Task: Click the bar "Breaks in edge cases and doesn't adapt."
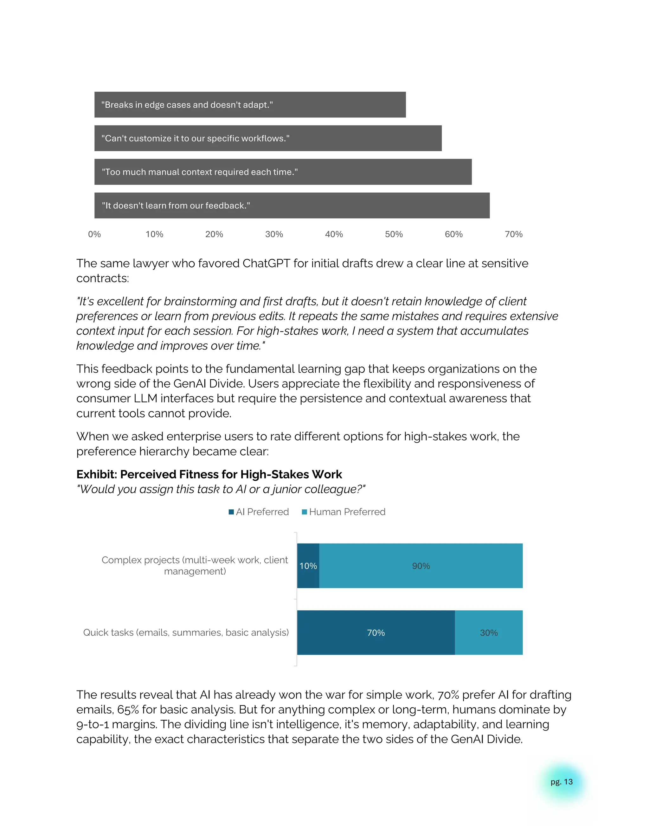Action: pyautogui.click(x=250, y=104)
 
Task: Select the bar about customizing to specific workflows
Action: pyautogui.click(x=268, y=138)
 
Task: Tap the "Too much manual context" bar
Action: pyautogui.click(x=283, y=172)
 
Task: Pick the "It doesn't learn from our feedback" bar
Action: pyautogui.click(x=292, y=205)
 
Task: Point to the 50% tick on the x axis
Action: pyautogui.click(x=394, y=234)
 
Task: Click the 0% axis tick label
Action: pyautogui.click(x=94, y=234)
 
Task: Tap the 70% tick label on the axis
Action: pyautogui.click(x=513, y=234)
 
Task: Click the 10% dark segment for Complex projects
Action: pyautogui.click(x=308, y=566)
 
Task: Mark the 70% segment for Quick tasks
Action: pyautogui.click(x=376, y=633)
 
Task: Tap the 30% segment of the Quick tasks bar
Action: pyautogui.click(x=489, y=633)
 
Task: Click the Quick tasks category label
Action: pyautogui.click(x=186, y=633)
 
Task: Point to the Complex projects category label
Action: pyautogui.click(x=195, y=565)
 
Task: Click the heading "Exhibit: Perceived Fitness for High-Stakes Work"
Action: pyautogui.click(x=209, y=475)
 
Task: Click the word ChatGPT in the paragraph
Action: pyautogui.click(x=266, y=263)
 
